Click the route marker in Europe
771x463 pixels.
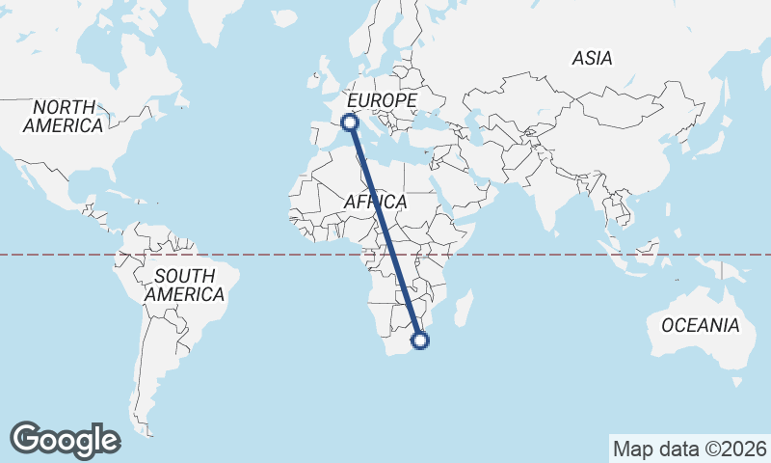click(x=350, y=122)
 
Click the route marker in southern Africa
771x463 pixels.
click(x=420, y=340)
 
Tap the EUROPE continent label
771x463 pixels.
click(x=382, y=100)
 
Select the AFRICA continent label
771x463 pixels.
click(x=376, y=203)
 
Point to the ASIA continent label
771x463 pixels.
click(x=592, y=58)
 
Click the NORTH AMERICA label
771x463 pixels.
click(x=64, y=116)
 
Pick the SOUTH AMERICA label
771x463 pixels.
click(x=184, y=286)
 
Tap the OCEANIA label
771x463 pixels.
click(x=701, y=325)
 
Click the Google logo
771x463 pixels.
click(x=65, y=439)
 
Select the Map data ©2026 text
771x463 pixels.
click(x=689, y=449)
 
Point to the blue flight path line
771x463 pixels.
click(x=385, y=231)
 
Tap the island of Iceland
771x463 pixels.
click(x=285, y=17)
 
